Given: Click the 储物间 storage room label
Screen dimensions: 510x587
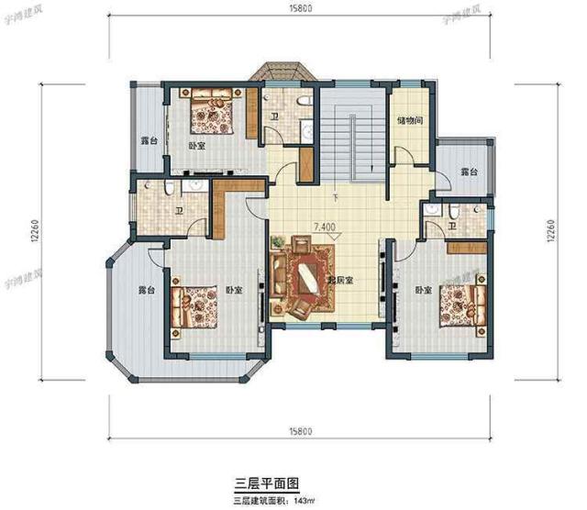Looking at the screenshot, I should pyautogui.click(x=409, y=120).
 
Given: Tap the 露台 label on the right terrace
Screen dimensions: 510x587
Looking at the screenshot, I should pyautogui.click(x=469, y=172).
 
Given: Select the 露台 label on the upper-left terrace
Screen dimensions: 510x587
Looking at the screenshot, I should pyautogui.click(x=148, y=140).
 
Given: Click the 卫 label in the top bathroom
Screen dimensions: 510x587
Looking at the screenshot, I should pyautogui.click(x=274, y=117).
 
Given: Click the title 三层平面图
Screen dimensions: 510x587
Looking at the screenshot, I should pyautogui.click(x=268, y=481).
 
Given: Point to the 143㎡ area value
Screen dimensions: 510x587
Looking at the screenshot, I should pyautogui.click(x=304, y=500).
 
